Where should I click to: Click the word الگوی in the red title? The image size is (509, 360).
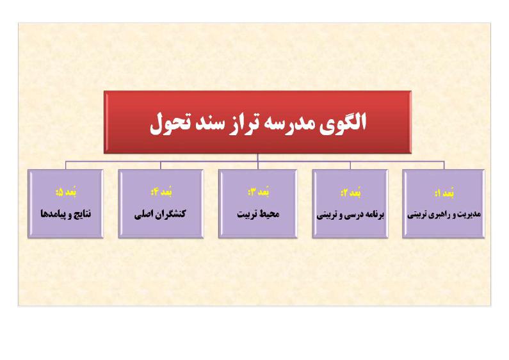tap(343, 123)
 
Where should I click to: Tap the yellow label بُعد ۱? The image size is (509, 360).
tap(444, 193)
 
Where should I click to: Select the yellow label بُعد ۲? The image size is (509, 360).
tap(351, 193)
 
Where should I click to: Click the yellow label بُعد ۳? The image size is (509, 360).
tap(259, 192)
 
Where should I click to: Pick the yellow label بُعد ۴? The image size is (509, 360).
tap(161, 192)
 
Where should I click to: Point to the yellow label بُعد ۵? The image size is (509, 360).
tap(66, 192)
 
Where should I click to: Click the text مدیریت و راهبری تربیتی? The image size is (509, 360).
tap(444, 215)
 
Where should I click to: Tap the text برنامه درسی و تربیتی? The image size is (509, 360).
tap(350, 215)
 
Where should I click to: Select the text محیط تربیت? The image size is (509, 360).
tap(258, 214)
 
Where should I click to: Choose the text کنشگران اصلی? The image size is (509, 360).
tap(160, 214)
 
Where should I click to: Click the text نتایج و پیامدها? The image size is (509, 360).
tap(65, 214)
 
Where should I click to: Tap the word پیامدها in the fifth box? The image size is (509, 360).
tap(53, 214)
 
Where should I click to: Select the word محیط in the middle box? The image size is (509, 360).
tap(270, 214)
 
